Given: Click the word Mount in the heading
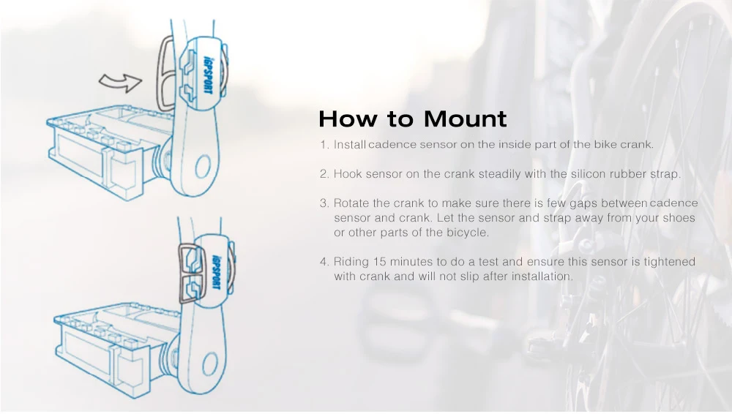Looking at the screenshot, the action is pyautogui.click(x=465, y=119).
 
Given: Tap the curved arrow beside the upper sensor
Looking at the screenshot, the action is pyautogui.click(x=121, y=83).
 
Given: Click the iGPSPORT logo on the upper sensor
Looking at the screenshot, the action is pyautogui.click(x=208, y=75).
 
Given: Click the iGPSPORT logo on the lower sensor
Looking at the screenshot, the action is pyautogui.click(x=216, y=271).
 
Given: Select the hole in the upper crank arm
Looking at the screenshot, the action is pyautogui.click(x=203, y=167).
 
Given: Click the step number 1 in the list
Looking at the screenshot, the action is pyautogui.click(x=324, y=145).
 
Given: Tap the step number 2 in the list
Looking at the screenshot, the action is pyautogui.click(x=324, y=174).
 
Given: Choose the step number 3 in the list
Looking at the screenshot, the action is pyautogui.click(x=324, y=203).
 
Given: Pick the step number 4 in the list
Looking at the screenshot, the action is pyautogui.click(x=324, y=262).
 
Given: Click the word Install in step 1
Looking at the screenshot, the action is pyautogui.click(x=349, y=145).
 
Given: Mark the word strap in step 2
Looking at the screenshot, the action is pyautogui.click(x=665, y=175).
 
